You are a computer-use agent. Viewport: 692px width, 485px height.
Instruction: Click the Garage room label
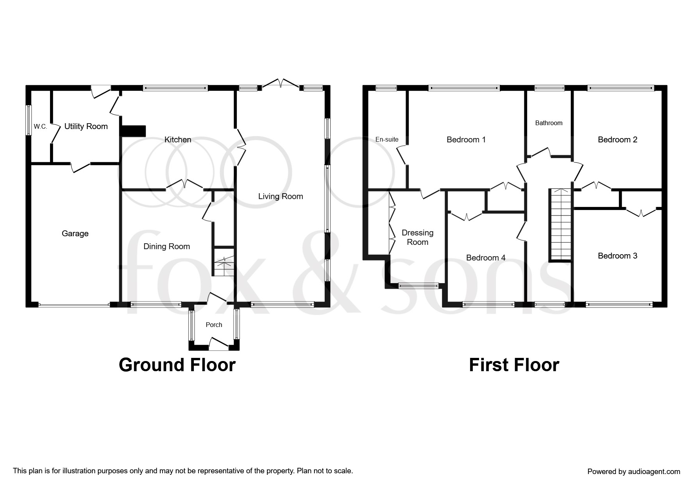[75, 234]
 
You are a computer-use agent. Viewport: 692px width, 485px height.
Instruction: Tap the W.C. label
[40, 127]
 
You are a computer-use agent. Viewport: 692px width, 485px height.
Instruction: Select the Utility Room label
[86, 126]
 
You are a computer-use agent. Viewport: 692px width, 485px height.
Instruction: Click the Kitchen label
[178, 140]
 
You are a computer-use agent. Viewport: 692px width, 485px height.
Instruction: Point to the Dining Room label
[166, 246]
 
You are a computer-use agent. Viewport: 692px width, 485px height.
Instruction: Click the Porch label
[214, 325]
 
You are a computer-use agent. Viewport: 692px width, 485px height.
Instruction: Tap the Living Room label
[281, 196]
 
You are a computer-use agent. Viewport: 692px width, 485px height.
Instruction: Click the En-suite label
[387, 139]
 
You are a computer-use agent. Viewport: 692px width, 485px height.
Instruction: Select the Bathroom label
[549, 123]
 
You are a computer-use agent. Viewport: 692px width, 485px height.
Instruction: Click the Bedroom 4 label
[486, 258]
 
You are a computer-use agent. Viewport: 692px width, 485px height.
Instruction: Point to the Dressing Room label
[417, 237]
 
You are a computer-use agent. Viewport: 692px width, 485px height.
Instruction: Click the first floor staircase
[560, 225]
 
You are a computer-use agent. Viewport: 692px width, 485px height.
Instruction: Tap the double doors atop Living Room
[281, 83]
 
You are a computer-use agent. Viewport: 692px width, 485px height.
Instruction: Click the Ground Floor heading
[177, 365]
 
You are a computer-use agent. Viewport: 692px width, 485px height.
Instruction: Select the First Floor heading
[514, 365]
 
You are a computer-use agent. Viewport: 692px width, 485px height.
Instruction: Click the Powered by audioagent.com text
[633, 472]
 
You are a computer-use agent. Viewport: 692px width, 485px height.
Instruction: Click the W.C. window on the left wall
[29, 120]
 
